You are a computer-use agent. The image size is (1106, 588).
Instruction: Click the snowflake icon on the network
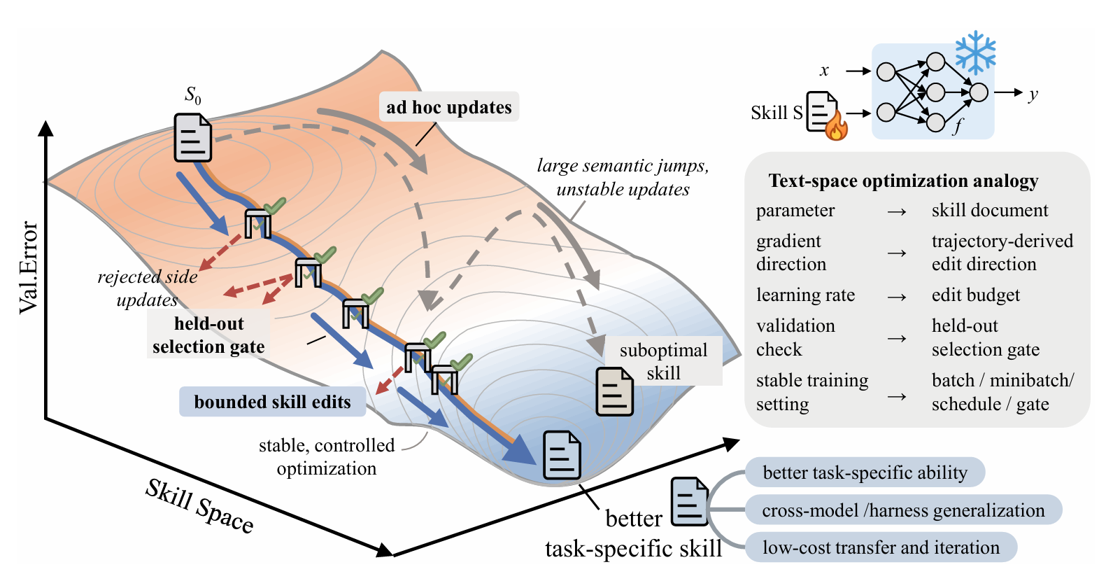coord(975,53)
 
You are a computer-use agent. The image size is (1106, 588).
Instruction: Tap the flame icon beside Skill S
coord(837,127)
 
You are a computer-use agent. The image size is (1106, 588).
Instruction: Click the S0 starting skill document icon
coord(192,137)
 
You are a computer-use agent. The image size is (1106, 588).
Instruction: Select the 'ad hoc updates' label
coord(449,106)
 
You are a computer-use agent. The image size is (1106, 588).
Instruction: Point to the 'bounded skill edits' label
coord(273,401)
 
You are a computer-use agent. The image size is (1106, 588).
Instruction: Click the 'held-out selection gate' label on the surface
coord(209,335)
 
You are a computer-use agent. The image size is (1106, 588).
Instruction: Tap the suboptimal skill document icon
coord(615,391)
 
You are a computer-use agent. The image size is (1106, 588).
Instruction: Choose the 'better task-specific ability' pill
coord(865,472)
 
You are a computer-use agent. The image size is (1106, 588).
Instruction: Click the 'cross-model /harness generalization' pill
coord(903,510)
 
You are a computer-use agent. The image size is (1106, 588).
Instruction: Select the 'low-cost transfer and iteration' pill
coord(881,547)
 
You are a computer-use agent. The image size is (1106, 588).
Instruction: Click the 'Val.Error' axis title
coord(28,268)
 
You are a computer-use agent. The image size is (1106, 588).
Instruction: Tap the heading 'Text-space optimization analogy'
coord(903,181)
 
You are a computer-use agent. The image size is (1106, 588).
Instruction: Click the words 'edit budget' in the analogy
coord(976,295)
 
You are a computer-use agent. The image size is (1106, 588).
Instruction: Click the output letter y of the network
coord(1033,94)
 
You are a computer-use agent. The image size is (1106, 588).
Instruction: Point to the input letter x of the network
coord(824,71)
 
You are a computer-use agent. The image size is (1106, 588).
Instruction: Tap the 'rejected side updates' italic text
coord(147,288)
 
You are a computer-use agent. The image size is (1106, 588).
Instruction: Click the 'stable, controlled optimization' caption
coord(327,456)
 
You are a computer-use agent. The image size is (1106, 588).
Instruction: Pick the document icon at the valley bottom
coord(562,455)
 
